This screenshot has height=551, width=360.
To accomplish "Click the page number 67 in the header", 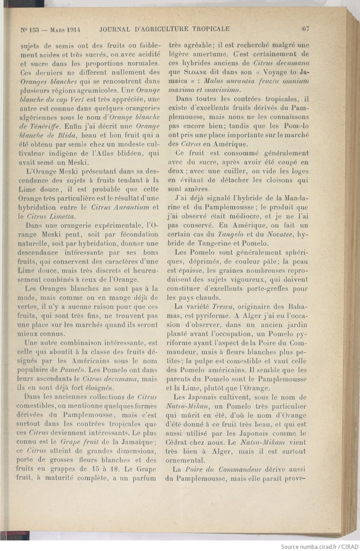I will (305, 29).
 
